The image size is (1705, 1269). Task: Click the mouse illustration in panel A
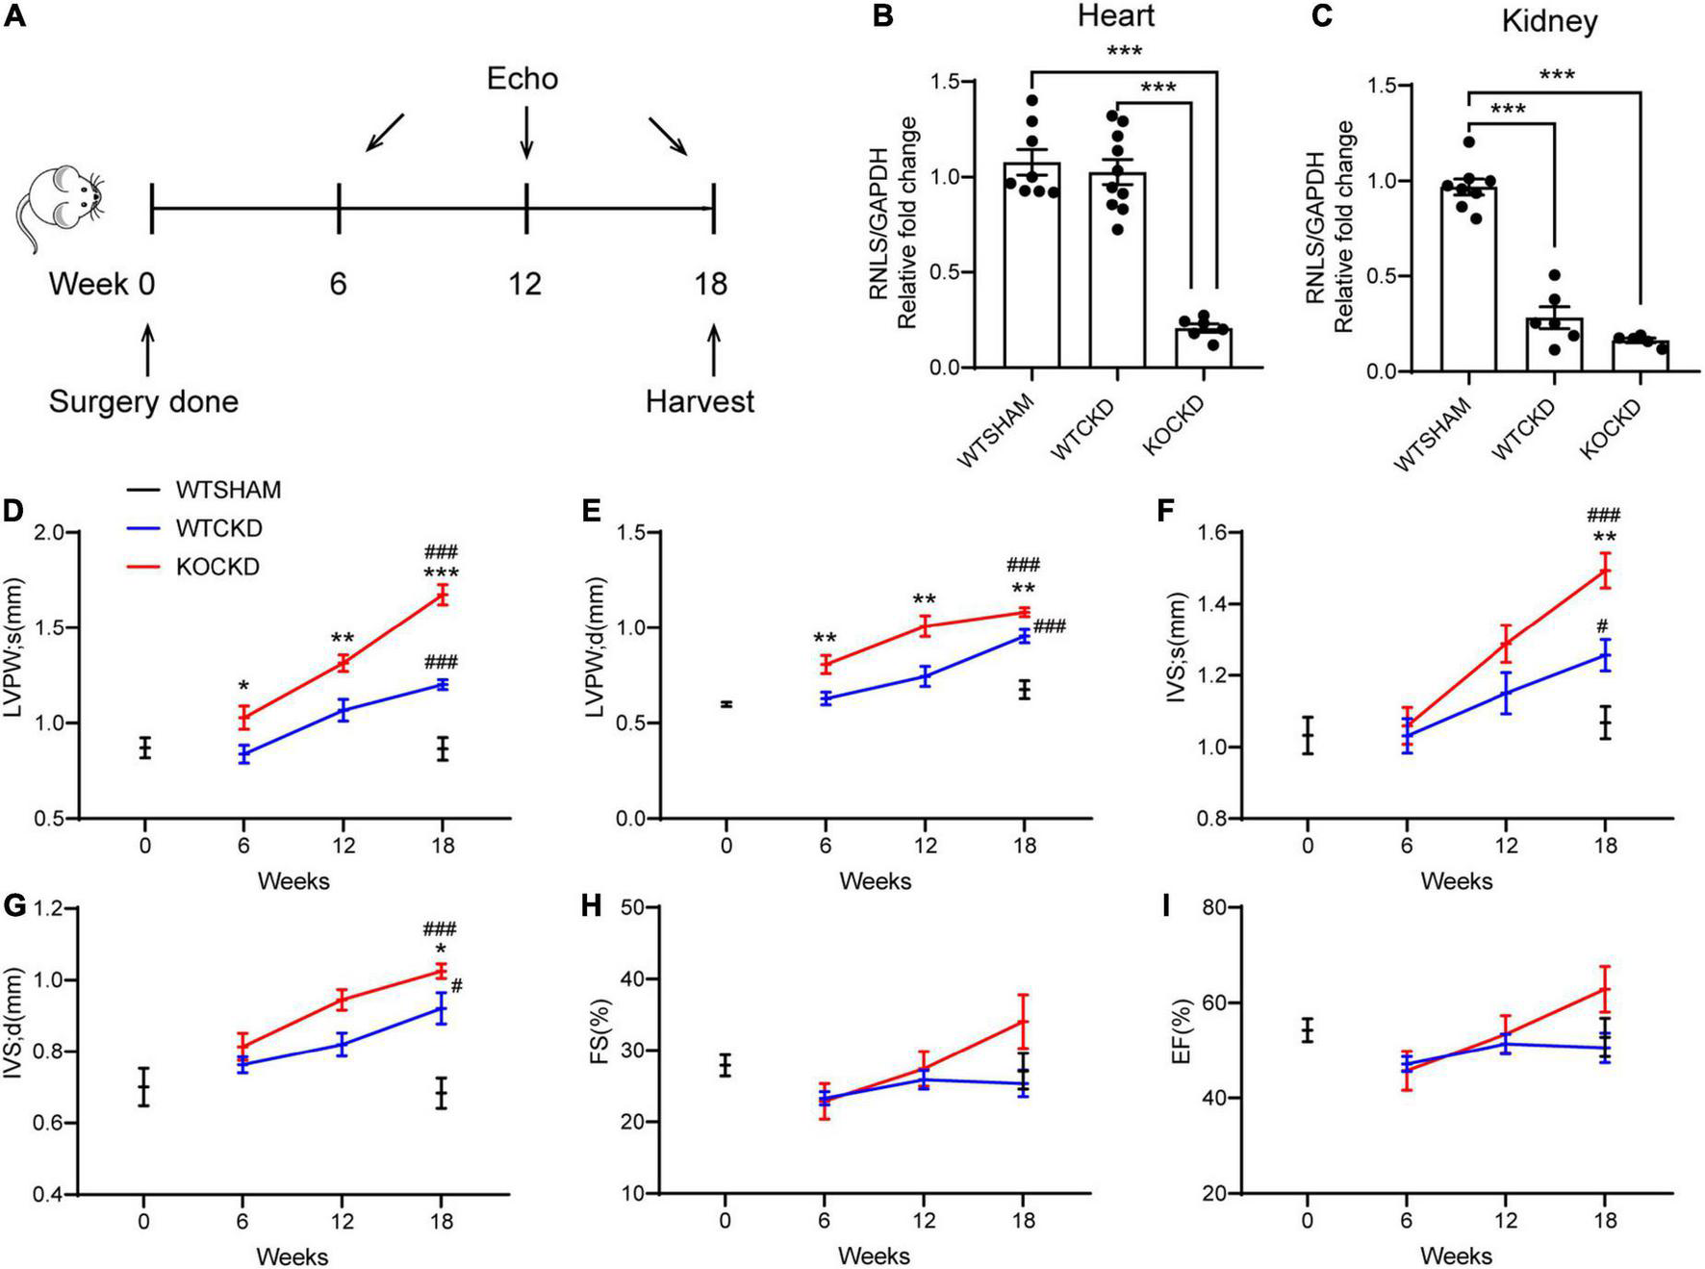point(59,206)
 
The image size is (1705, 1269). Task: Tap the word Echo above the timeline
point(522,78)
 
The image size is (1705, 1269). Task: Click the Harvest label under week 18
point(700,400)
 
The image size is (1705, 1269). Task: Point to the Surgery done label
point(143,400)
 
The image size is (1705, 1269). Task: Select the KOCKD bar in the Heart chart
point(1203,347)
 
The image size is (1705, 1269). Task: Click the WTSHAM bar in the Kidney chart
point(1468,279)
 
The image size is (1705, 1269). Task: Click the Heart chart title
point(1115,15)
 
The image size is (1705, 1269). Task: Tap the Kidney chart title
point(1549,21)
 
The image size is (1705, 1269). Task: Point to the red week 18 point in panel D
point(442,595)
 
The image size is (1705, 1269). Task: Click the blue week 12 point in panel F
point(1506,693)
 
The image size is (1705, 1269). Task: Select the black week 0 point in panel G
point(143,1087)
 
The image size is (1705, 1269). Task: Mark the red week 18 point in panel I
point(1604,988)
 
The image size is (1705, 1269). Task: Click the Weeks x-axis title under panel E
point(875,880)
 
